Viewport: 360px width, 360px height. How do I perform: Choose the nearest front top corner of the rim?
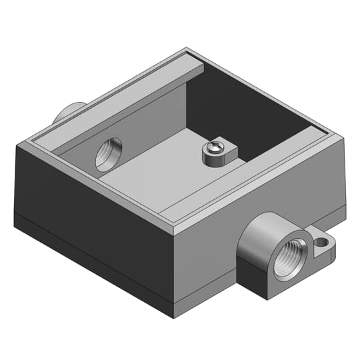pyautogui.click(x=174, y=231)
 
